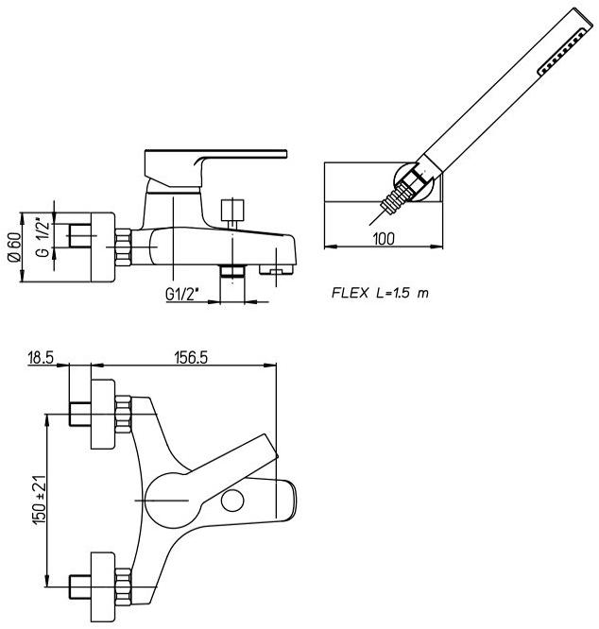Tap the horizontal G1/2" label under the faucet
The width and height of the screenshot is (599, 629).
180,294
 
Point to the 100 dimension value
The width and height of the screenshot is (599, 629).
383,239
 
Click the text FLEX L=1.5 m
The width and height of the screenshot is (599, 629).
379,293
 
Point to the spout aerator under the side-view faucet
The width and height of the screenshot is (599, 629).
275,273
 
